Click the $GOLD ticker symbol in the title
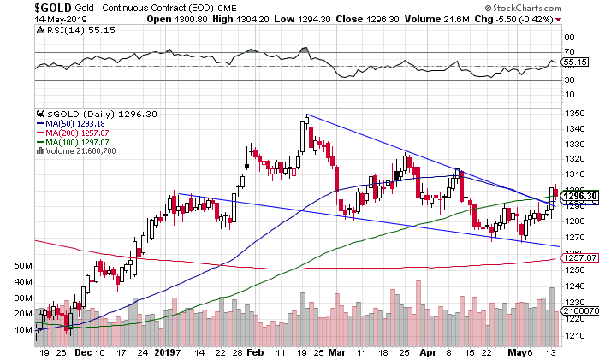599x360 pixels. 19,7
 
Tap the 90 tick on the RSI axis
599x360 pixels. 568,38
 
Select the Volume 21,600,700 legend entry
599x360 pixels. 79,151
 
